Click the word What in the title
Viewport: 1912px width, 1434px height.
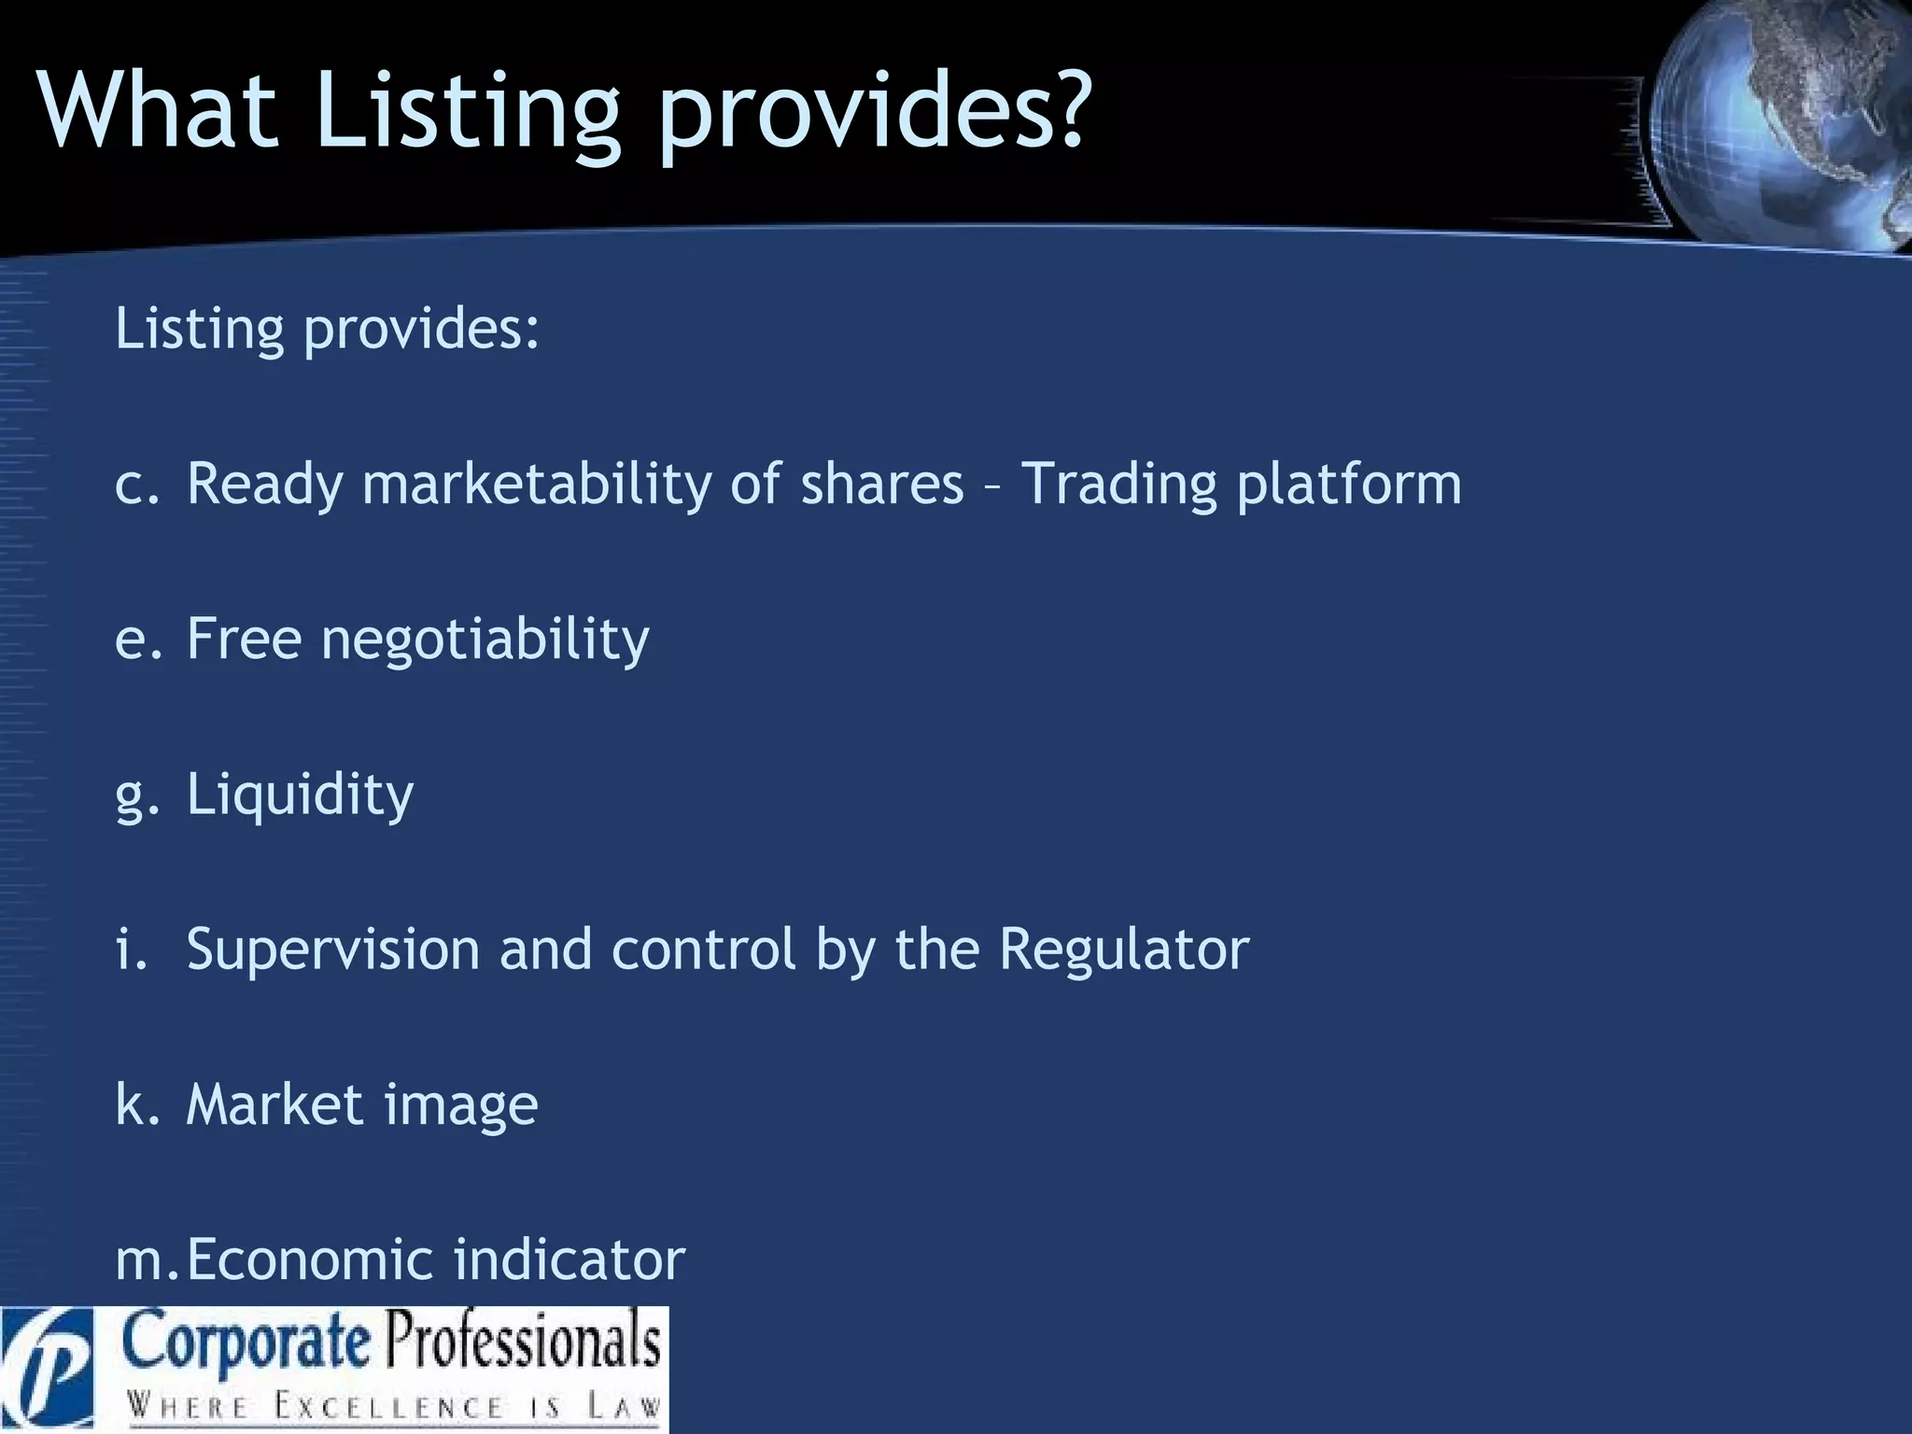pos(159,110)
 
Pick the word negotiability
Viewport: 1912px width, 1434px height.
pos(485,640)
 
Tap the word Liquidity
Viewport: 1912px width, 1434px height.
pos(300,795)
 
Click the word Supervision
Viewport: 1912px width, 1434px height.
pos(331,949)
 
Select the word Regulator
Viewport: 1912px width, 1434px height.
pos(1123,949)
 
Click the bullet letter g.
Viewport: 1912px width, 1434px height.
pos(131,799)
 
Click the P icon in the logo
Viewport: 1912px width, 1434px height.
pos(47,1371)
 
